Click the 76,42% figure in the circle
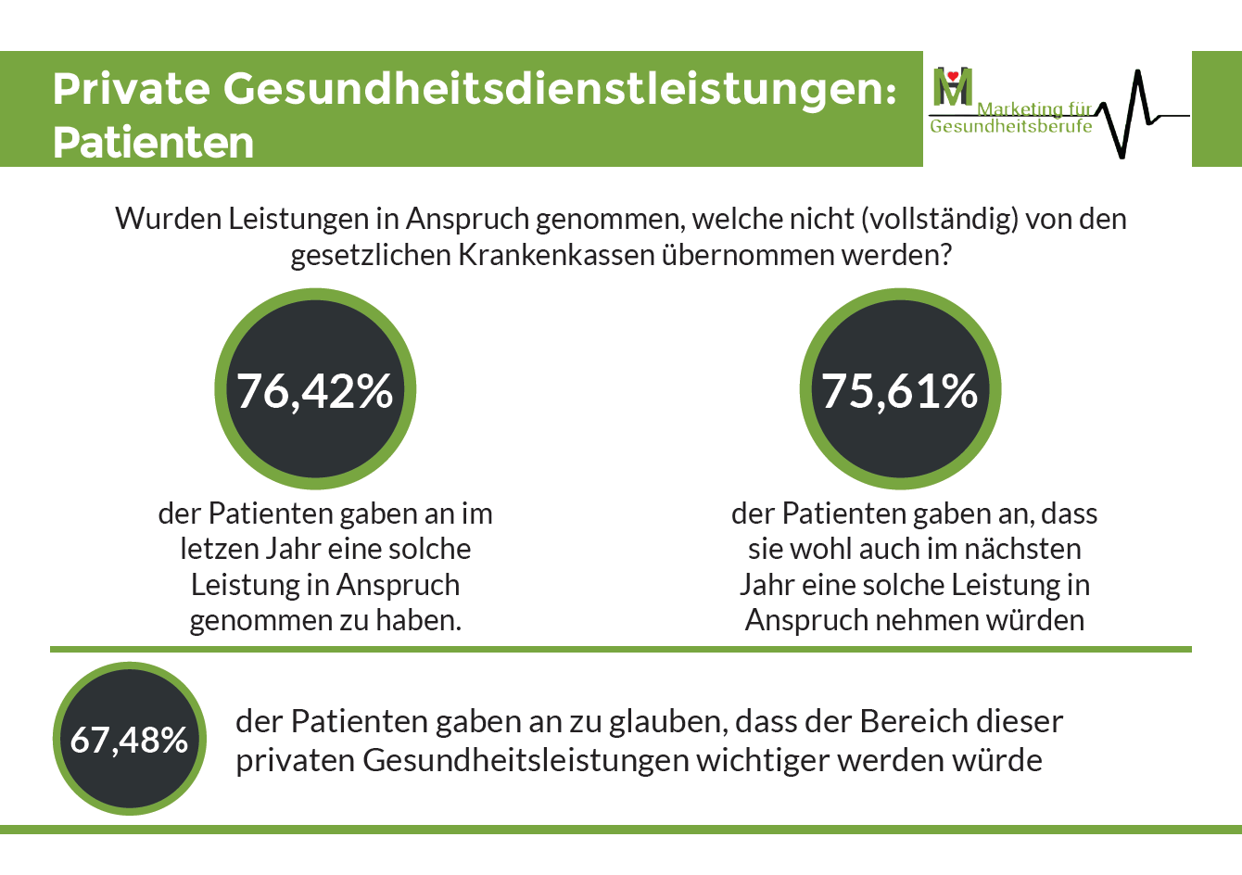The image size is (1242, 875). pyautogui.click(x=315, y=390)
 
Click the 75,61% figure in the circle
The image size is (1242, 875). pyautogui.click(x=900, y=390)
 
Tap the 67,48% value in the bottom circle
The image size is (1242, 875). pyautogui.click(x=130, y=740)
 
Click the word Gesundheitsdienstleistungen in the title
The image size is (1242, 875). pyautogui.click(x=560, y=89)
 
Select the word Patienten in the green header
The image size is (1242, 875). pyautogui.click(x=154, y=143)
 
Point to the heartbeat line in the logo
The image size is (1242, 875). pyautogui.click(x=1136, y=111)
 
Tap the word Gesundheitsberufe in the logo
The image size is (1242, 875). pyautogui.click(x=1010, y=127)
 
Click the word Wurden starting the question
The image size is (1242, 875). pyautogui.click(x=168, y=219)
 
